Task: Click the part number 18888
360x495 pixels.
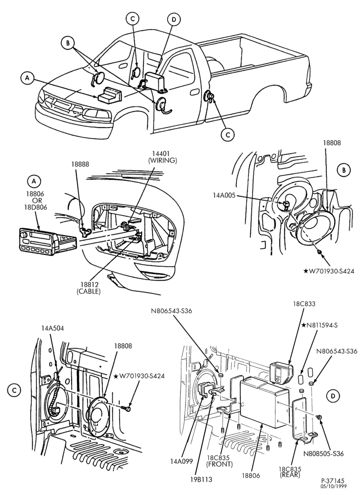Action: point(80,164)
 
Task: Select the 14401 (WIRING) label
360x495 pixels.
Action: point(162,157)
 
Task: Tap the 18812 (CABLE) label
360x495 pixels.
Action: point(89,288)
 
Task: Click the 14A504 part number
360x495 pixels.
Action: point(52,328)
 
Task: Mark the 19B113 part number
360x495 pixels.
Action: point(202,479)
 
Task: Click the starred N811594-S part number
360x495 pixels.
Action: point(319,325)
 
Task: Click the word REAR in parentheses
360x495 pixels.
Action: point(290,475)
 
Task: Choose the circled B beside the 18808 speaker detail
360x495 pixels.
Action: point(344,170)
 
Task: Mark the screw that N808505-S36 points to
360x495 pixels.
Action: point(318,417)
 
